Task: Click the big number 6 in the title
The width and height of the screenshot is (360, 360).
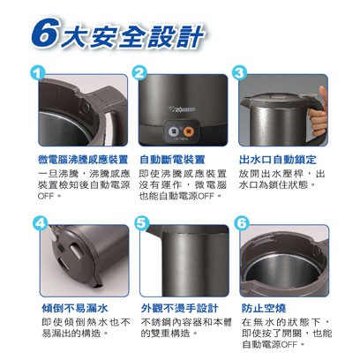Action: coord(45,34)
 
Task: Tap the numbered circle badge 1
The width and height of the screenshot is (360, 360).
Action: coord(38,73)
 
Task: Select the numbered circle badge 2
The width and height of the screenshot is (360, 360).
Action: coord(139,73)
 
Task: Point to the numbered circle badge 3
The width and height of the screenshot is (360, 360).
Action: coord(239,73)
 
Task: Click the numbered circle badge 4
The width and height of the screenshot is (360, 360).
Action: coord(40,224)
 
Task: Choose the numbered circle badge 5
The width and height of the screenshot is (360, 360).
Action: coord(141,224)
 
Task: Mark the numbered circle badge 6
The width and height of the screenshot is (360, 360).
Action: coord(242,224)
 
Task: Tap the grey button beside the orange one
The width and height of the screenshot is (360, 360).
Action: coord(174,131)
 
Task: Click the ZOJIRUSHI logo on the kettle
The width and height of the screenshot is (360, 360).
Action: coord(183,110)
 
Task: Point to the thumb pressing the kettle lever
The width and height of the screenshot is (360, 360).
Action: coord(323,95)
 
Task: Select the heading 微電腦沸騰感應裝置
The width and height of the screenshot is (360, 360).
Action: coord(83,160)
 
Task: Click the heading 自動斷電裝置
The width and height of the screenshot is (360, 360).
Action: coord(172,160)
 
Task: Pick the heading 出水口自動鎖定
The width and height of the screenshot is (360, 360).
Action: coord(278,160)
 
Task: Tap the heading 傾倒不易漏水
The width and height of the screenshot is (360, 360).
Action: coord(75,308)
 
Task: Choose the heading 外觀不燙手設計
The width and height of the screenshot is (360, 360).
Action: coord(179,308)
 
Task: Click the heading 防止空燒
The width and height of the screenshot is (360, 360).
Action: coord(264,308)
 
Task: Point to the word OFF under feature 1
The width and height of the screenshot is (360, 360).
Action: coord(46,196)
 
